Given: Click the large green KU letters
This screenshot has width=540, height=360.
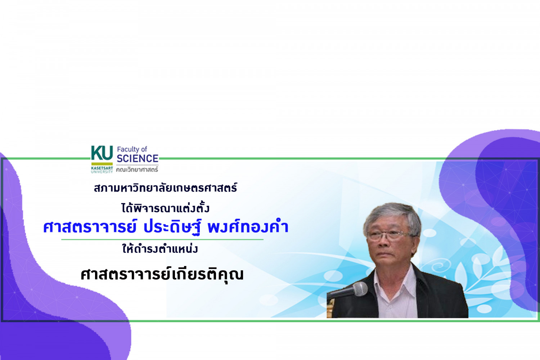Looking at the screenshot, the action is [x=102, y=153].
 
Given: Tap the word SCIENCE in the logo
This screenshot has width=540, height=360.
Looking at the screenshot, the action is [x=138, y=158].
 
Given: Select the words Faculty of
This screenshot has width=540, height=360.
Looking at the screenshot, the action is [x=132, y=149].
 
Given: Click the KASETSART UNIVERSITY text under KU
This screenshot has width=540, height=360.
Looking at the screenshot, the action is [x=102, y=170].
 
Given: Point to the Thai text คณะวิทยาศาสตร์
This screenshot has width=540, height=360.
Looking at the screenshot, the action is [x=137, y=169].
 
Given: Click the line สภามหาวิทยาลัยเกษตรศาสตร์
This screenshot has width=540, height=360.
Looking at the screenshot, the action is [x=166, y=188].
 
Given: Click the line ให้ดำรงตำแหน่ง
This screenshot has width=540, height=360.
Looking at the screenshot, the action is [x=160, y=248].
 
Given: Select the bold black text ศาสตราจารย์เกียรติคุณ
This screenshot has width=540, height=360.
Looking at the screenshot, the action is [x=162, y=275].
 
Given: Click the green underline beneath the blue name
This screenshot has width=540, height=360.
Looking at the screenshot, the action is [x=162, y=239].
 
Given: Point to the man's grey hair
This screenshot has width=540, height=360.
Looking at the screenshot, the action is [x=392, y=216].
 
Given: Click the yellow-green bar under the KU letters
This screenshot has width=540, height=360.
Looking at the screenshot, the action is [x=102, y=164].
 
